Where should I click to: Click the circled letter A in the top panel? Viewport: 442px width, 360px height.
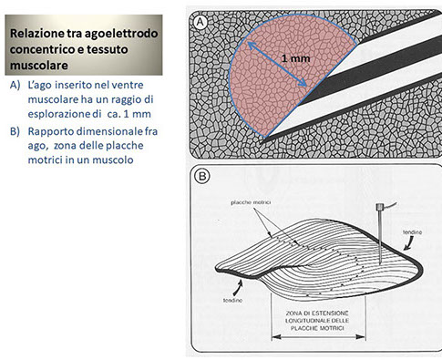point(200,22)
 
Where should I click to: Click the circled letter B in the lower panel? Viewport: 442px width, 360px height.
point(202,177)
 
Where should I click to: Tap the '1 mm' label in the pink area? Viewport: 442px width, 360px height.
point(295,58)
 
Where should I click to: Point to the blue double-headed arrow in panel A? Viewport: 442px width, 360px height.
point(277,64)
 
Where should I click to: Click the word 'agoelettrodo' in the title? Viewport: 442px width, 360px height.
point(121,33)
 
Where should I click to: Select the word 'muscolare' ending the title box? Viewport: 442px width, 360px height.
point(39,66)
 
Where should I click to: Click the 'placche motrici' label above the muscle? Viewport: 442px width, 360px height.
point(251,202)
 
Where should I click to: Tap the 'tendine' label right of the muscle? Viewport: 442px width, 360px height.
point(412,232)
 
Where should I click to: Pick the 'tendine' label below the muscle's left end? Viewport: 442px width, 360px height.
point(233,300)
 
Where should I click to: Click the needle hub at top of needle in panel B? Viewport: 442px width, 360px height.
point(379,207)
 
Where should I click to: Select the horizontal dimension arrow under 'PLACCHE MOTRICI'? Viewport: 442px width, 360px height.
point(318,336)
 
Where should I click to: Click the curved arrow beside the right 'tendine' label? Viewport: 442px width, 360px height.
point(408,243)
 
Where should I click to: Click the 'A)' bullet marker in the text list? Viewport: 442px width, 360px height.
point(15,86)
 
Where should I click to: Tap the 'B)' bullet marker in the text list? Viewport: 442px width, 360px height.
point(15,131)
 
